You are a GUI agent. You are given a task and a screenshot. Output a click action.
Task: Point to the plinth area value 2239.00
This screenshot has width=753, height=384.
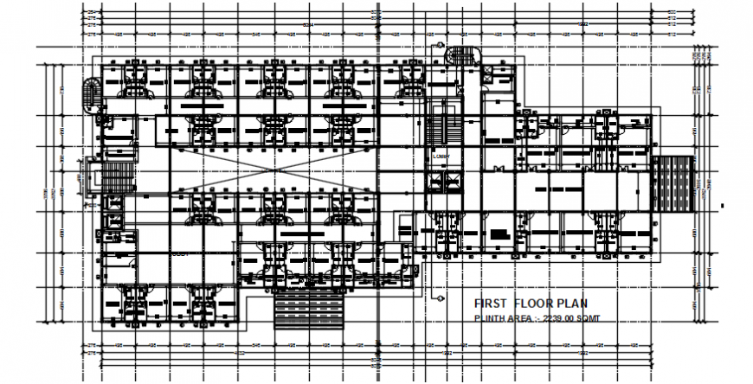pyautogui.click(x=553, y=319)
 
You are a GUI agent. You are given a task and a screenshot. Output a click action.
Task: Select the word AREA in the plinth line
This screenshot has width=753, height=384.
pyautogui.click(x=522, y=319)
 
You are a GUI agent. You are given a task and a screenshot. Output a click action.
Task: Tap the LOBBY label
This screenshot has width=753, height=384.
pyautogui.click(x=443, y=157)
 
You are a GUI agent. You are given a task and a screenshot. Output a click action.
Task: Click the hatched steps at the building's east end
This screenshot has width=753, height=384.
pyautogui.click(x=675, y=183)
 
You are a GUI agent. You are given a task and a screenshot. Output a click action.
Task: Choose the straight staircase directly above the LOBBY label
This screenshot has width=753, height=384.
pyautogui.click(x=438, y=125)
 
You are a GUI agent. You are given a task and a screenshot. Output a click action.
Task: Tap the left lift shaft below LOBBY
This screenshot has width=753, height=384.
pyautogui.click(x=436, y=182)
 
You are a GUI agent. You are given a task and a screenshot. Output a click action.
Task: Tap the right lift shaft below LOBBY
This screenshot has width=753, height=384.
pyautogui.click(x=453, y=182)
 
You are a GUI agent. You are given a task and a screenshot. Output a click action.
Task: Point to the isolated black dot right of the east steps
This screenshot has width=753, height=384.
pyautogui.click(x=722, y=206)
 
